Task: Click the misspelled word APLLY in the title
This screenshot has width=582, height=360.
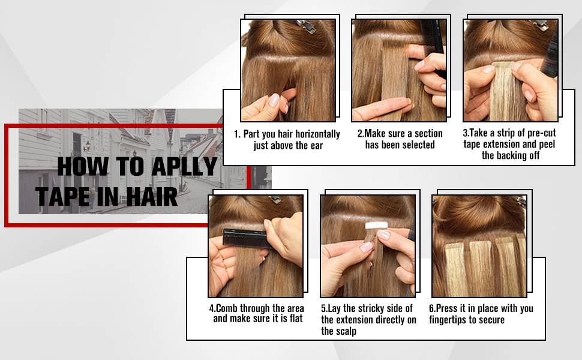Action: point(184,166)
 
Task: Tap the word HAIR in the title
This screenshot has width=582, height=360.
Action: point(152,196)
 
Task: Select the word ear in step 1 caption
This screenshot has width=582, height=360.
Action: point(317,146)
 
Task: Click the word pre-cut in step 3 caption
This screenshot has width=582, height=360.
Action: point(542,133)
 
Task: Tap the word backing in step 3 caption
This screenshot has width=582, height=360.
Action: point(511,155)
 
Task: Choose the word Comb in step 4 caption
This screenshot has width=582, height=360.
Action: point(226,308)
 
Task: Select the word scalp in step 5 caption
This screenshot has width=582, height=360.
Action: point(346,331)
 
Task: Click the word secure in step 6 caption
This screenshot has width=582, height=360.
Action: point(492,320)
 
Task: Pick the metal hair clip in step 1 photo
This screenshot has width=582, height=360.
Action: point(305,26)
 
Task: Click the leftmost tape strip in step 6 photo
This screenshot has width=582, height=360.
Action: point(456,268)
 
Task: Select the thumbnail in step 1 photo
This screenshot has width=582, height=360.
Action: point(274,100)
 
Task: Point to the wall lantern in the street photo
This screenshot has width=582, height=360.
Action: point(87,146)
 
